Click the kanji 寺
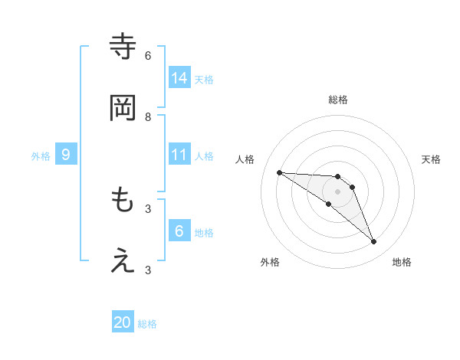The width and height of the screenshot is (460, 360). [x=123, y=47]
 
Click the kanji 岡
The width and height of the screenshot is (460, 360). [x=123, y=108]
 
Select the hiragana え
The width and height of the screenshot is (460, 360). [x=123, y=261]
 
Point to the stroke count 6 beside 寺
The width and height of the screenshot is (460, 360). [x=148, y=55]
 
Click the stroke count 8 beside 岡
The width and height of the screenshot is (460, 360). [x=148, y=116]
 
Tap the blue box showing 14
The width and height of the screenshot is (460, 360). [x=179, y=77]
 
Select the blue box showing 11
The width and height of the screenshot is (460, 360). [x=179, y=154]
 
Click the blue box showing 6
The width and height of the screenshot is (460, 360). [x=179, y=231]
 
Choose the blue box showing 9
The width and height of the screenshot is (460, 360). [x=66, y=155]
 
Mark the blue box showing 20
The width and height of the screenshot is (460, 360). [x=123, y=322]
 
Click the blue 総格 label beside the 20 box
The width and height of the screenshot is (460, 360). [x=147, y=324]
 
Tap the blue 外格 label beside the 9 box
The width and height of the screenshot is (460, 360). [x=41, y=156]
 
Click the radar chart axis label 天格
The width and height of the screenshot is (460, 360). [x=431, y=159]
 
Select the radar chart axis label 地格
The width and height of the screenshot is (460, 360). [x=402, y=262]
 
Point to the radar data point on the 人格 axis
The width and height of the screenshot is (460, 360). [x=279, y=172]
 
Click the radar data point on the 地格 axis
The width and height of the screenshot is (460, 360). [x=373, y=242]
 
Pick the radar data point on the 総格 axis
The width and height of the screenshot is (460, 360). [x=337, y=177]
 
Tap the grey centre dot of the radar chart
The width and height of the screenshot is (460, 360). [x=337, y=191]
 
